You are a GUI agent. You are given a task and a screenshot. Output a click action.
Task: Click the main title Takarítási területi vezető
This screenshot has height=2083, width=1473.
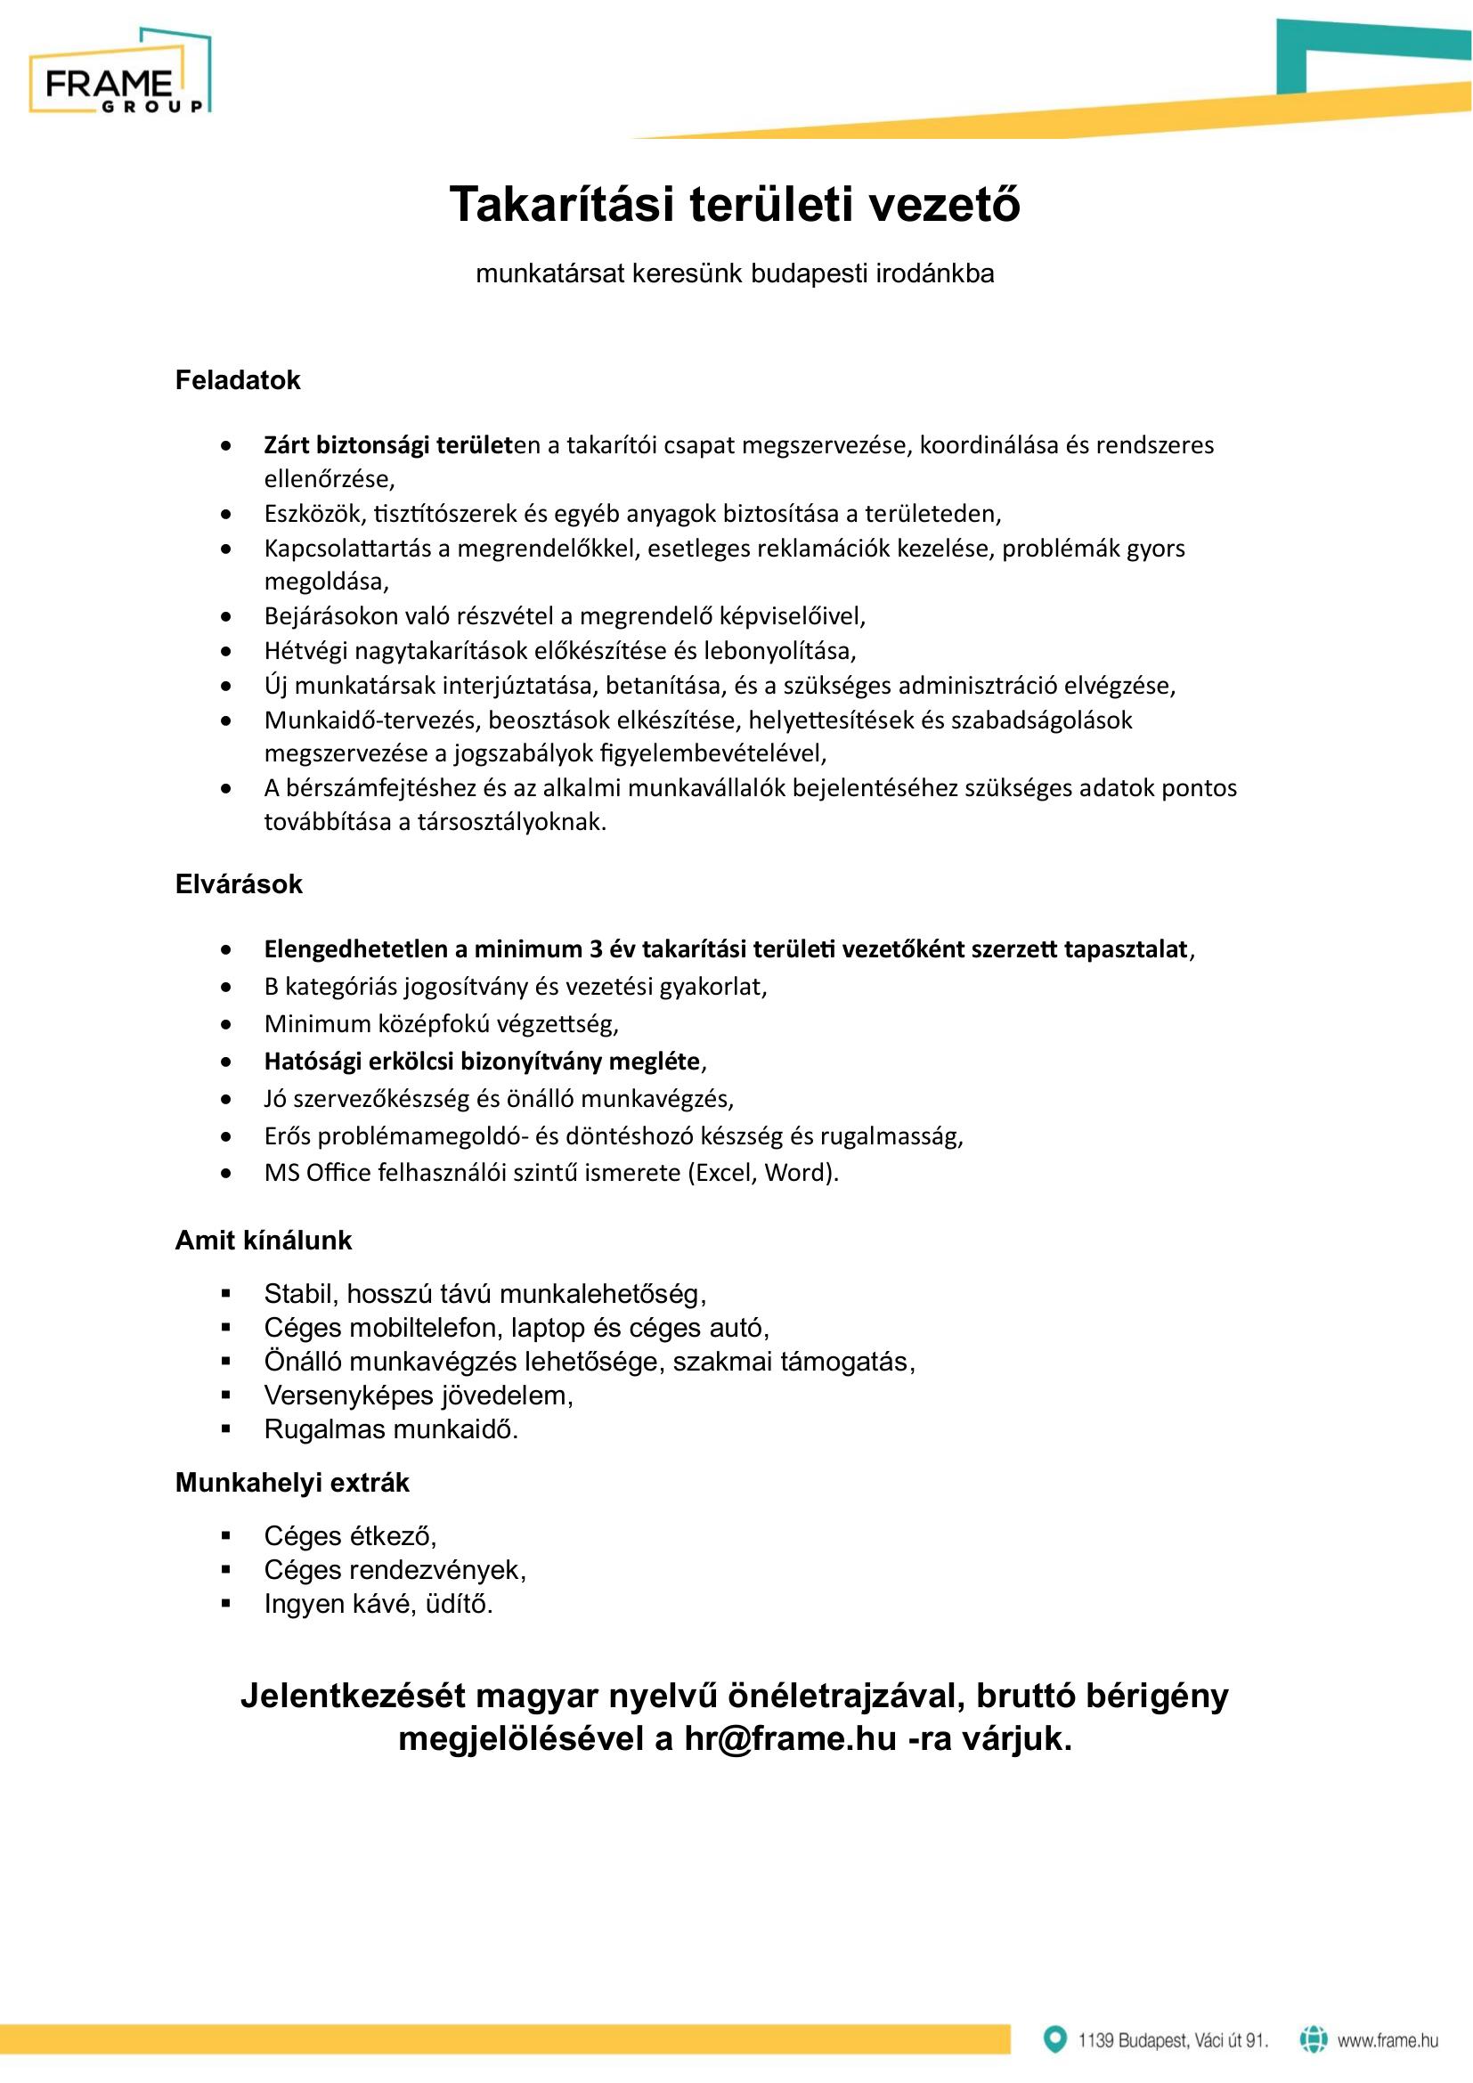735,204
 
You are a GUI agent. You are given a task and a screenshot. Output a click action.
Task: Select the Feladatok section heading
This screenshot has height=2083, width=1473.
238,380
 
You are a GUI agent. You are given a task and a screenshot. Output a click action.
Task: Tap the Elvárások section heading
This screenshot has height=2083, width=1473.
239,884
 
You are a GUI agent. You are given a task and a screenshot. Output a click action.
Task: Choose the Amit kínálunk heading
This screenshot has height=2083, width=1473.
263,1241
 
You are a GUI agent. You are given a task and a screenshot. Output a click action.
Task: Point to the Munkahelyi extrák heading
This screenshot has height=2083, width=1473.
292,1483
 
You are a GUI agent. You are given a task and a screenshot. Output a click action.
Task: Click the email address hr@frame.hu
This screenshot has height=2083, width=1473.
790,1738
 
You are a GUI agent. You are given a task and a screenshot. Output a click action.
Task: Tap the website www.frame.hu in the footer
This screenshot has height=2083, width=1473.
1388,2040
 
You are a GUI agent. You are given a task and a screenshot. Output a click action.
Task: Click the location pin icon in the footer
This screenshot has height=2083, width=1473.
1054,2039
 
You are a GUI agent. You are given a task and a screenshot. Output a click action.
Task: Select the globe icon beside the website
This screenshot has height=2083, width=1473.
1314,2039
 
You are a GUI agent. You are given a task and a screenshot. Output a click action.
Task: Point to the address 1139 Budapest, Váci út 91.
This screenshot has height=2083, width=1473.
1173,2040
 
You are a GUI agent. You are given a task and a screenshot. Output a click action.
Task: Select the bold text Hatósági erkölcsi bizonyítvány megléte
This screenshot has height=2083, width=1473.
482,1062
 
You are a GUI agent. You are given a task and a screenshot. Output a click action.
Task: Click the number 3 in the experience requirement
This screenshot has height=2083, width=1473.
596,950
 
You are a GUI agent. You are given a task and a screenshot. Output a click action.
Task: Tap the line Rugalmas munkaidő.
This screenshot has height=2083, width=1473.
391,1430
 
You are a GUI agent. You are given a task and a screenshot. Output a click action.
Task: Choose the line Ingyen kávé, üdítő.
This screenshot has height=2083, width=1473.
378,1604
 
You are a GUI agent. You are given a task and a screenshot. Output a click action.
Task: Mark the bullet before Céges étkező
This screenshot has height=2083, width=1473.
227,1536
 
